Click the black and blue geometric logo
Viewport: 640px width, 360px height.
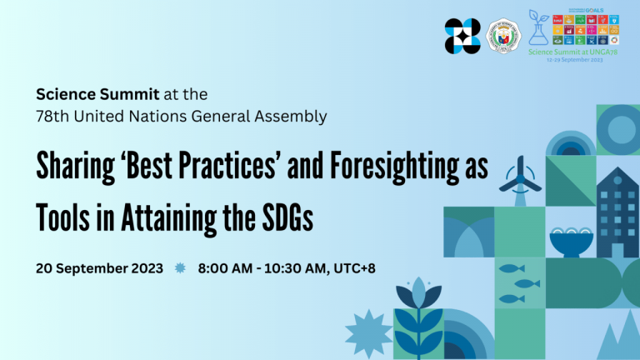(x=462, y=36)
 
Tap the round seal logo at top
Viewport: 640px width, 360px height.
(x=503, y=36)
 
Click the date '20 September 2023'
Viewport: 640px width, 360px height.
(x=99, y=268)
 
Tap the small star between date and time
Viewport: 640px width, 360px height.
(x=180, y=268)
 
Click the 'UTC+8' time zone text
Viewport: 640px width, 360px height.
(x=363, y=268)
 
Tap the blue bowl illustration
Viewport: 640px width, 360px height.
(x=571, y=241)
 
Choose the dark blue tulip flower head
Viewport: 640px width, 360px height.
(x=417, y=294)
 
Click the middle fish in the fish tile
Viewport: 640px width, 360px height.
(x=525, y=283)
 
